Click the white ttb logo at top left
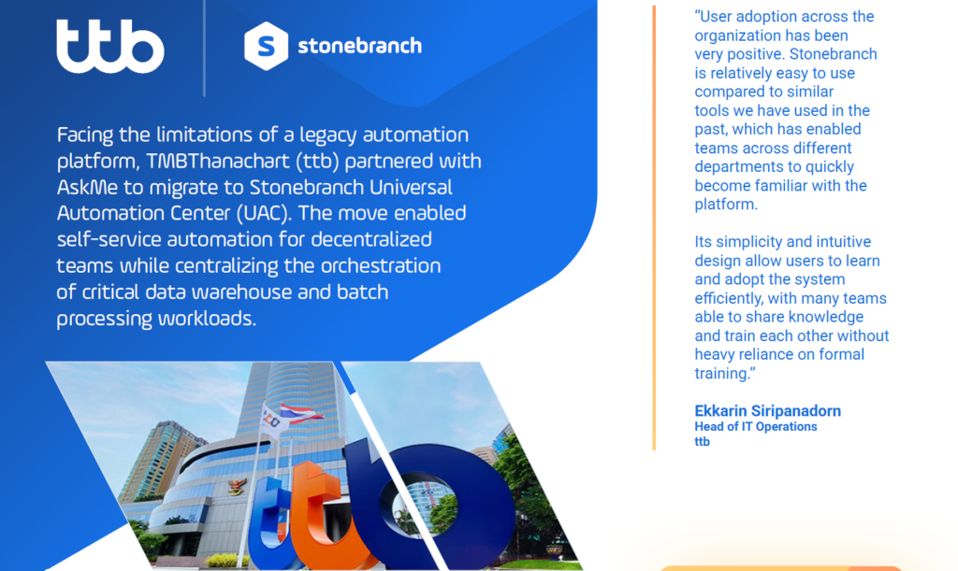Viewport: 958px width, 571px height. click(110, 47)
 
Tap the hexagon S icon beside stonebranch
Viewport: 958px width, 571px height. click(267, 46)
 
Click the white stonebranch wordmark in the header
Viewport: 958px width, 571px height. click(359, 46)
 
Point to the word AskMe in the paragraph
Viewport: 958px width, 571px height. click(87, 187)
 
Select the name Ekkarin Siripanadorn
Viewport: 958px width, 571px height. click(767, 410)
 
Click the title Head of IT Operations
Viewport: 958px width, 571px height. click(756, 426)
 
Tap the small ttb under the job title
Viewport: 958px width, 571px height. click(702, 442)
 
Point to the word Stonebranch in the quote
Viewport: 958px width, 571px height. click(834, 54)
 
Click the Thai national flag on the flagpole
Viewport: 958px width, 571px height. click(300, 414)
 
